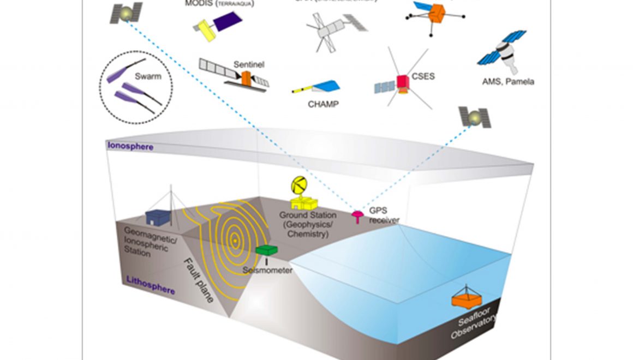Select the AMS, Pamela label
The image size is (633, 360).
508,82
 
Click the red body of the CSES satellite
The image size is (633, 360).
403,81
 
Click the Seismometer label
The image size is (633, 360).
268,270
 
